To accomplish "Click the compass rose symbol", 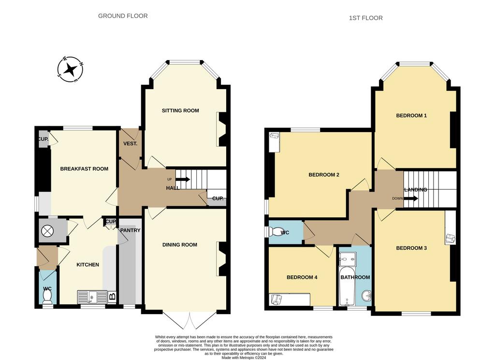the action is point(70,69).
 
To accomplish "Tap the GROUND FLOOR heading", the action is point(123,16).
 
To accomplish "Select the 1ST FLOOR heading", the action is point(365,18).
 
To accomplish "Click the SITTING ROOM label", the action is point(180,111).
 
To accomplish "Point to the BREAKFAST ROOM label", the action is point(84,169).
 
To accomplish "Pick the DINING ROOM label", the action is point(180,245).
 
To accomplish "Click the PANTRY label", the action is point(130,230).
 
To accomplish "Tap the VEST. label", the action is point(130,144).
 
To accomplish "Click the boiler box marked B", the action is point(112,297).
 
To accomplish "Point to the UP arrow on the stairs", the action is point(183,180).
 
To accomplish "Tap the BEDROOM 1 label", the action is point(411,116).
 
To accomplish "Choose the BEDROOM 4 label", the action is point(302,278).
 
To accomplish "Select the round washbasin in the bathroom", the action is point(366,296).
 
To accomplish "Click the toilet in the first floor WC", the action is point(275,232).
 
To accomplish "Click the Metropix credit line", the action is point(244,358).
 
